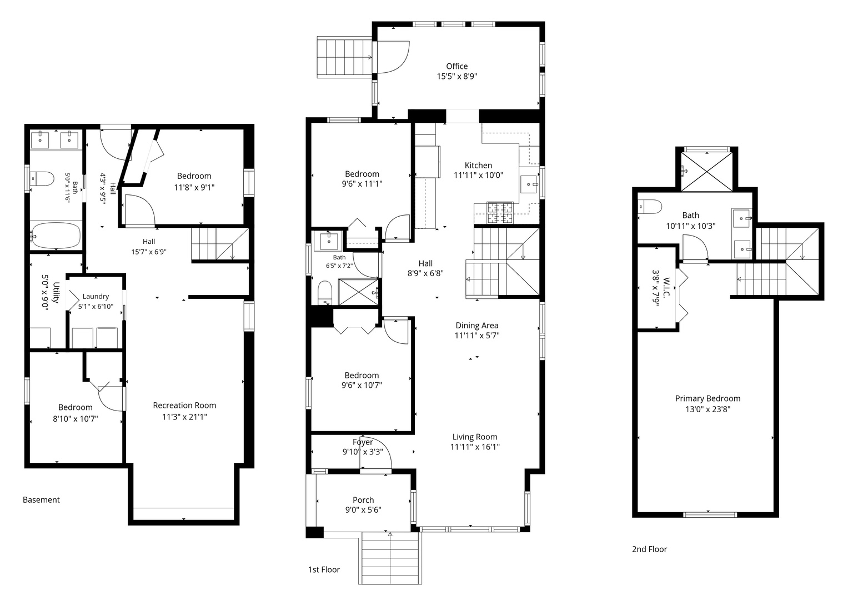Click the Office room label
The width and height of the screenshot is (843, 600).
(457, 66)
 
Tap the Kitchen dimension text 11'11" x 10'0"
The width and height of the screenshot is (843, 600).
(478, 175)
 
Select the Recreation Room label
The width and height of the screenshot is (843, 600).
(184, 406)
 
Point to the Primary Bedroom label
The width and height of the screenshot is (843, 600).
(707, 398)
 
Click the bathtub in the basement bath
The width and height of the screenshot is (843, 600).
(56, 235)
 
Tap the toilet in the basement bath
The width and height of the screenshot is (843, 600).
(42, 179)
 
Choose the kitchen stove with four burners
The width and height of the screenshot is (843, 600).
(500, 213)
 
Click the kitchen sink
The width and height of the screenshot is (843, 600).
(529, 184)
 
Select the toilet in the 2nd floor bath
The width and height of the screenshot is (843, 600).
(650, 207)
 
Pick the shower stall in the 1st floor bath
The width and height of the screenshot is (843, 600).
(359, 292)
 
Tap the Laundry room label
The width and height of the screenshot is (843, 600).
(96, 297)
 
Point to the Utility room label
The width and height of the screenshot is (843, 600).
(56, 292)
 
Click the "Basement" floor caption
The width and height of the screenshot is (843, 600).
(42, 500)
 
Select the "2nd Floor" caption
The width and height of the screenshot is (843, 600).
(649, 549)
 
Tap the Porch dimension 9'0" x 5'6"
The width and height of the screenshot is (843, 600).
(363, 510)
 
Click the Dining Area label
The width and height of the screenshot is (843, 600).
(477, 326)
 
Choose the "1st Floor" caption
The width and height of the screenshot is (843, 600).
(324, 569)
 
